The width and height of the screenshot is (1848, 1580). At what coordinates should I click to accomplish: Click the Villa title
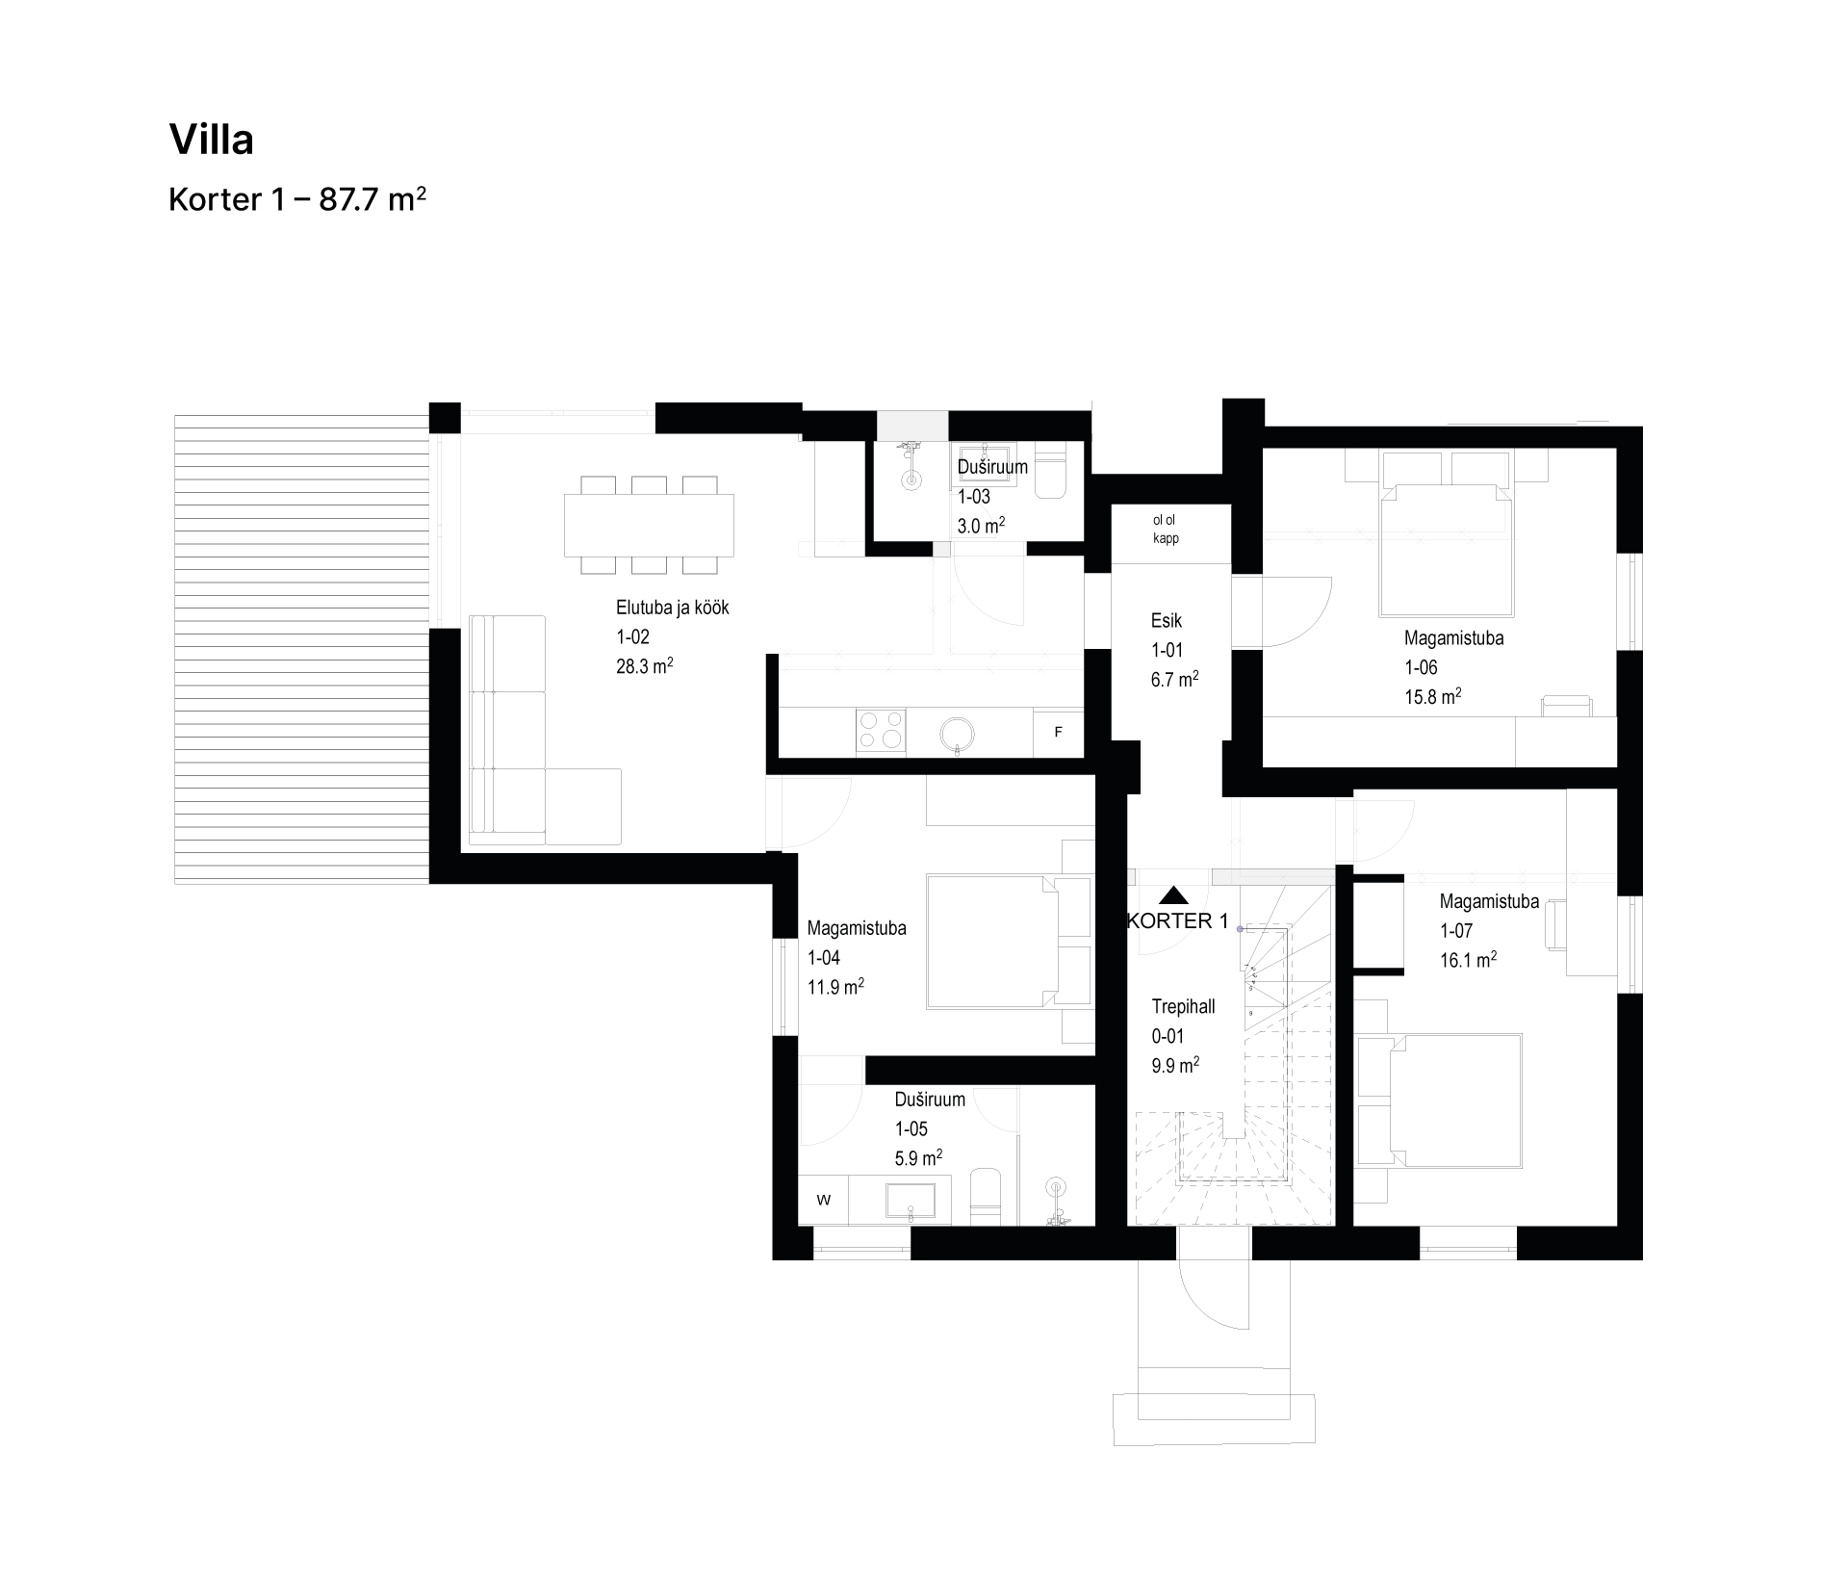212,140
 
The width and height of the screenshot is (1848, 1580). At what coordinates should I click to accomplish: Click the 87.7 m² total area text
372,199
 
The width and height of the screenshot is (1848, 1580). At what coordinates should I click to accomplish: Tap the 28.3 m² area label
644,666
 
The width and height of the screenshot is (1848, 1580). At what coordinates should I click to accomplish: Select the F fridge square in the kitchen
1058,733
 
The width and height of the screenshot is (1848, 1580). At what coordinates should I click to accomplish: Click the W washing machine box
824,1200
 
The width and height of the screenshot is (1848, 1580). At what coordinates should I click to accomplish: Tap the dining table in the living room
649,525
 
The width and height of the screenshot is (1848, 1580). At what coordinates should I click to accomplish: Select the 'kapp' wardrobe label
1166,538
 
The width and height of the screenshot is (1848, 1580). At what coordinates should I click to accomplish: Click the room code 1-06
1421,667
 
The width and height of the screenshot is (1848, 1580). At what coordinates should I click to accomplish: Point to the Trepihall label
1183,1007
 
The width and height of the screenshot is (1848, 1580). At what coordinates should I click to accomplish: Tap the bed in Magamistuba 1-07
1455,1101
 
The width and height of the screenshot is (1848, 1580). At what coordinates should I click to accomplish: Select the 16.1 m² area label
1468,960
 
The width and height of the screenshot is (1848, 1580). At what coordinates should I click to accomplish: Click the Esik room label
1167,621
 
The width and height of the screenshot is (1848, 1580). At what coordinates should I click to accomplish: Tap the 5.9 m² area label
918,1158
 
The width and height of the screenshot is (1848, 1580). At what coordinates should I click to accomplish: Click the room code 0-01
1168,1037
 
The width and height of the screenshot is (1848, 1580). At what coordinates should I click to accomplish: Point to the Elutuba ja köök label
673,608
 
